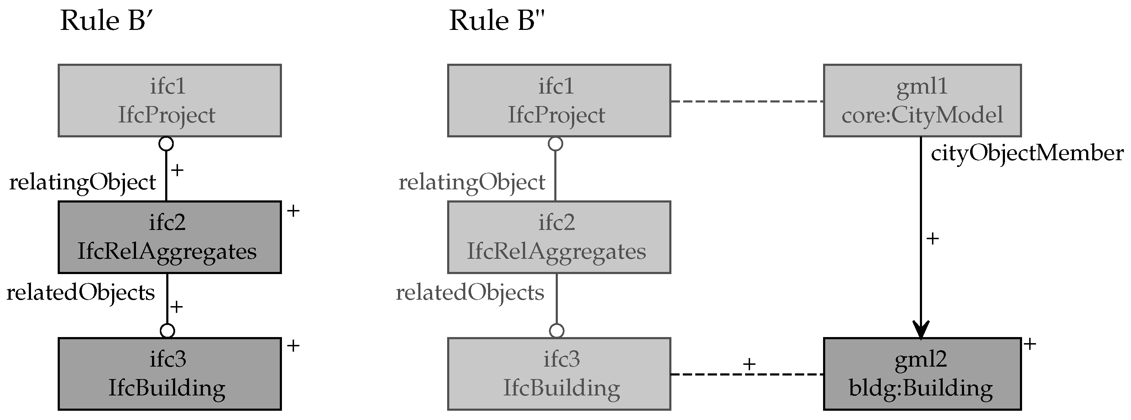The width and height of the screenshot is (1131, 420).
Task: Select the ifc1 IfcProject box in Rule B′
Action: pyautogui.click(x=169, y=100)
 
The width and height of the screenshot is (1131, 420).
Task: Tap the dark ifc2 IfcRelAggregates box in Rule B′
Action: pyautogui.click(x=169, y=237)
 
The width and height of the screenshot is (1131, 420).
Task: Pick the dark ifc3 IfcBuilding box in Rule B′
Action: pyautogui.click(x=169, y=373)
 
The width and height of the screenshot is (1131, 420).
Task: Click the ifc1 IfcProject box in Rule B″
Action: pyautogui.click(x=559, y=100)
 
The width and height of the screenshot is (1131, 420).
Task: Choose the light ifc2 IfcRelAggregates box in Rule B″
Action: pyautogui.click(x=559, y=237)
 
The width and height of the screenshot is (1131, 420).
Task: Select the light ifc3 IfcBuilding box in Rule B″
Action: pyautogui.click(x=559, y=373)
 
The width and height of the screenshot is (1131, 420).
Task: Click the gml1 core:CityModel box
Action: pyautogui.click(x=922, y=100)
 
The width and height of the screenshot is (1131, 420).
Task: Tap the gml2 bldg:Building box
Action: pyautogui.click(x=922, y=373)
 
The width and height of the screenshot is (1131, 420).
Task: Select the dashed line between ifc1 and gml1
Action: pyautogui.click(x=747, y=101)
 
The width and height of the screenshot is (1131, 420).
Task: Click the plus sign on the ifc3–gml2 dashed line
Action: pyautogui.click(x=749, y=364)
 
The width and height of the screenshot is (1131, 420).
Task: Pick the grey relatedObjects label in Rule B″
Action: pyautogui.click(x=470, y=292)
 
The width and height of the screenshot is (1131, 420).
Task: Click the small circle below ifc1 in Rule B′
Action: pyautogui.click(x=166, y=143)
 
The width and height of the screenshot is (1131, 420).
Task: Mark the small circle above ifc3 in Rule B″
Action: pyautogui.click(x=556, y=330)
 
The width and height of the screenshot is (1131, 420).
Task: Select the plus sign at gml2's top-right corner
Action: pyautogui.click(x=1030, y=343)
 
